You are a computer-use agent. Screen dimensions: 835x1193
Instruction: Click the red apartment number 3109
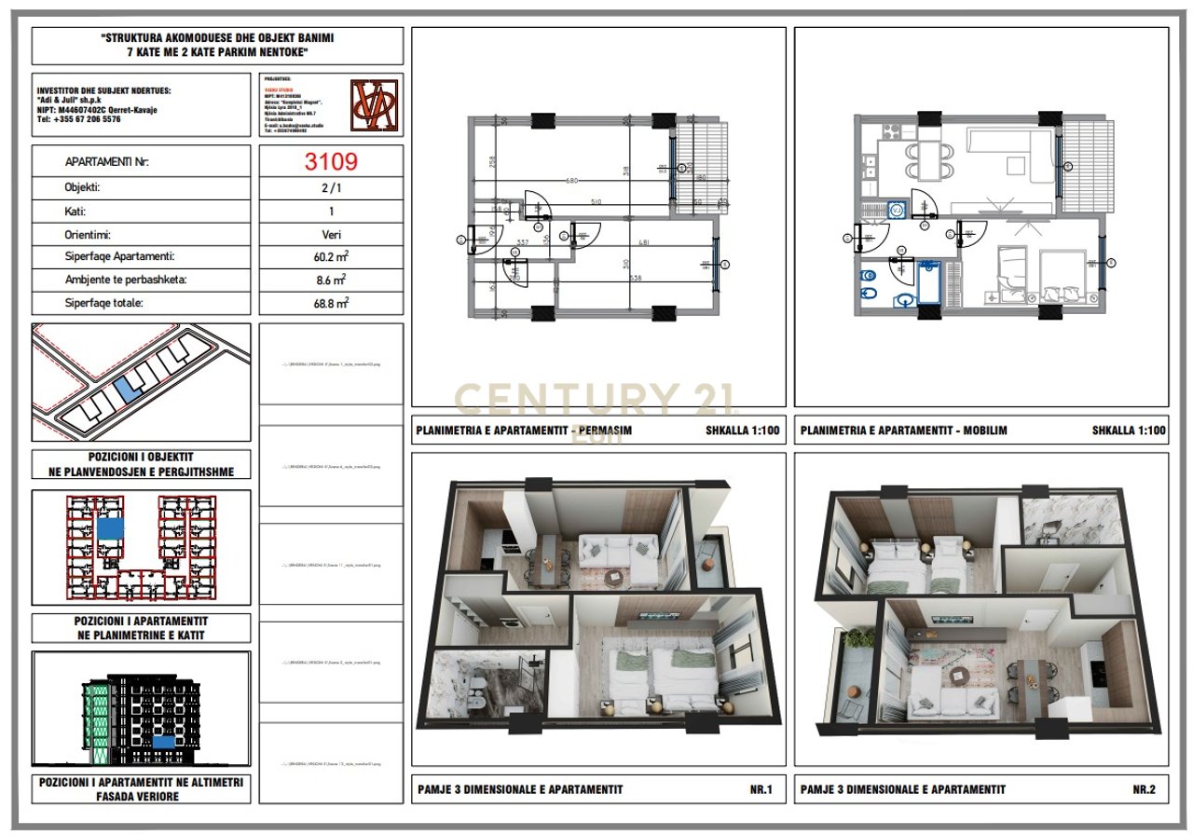[331, 161]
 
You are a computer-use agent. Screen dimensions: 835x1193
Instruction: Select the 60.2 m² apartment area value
[331, 256]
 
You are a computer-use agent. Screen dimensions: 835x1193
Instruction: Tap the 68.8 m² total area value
[331, 303]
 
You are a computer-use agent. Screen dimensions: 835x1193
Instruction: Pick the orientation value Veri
[331, 235]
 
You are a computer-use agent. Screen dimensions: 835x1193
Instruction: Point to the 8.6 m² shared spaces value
[331, 280]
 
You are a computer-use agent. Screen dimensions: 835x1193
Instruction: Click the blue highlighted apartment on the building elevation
[163, 742]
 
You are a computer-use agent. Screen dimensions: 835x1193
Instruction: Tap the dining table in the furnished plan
[929, 161]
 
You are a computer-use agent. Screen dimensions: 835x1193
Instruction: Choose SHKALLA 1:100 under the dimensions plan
[743, 431]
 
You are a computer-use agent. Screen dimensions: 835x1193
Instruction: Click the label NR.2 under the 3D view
[1144, 789]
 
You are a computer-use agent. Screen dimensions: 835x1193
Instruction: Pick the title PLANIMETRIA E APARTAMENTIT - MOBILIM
[903, 431]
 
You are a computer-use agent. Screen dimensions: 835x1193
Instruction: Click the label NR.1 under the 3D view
[761, 789]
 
